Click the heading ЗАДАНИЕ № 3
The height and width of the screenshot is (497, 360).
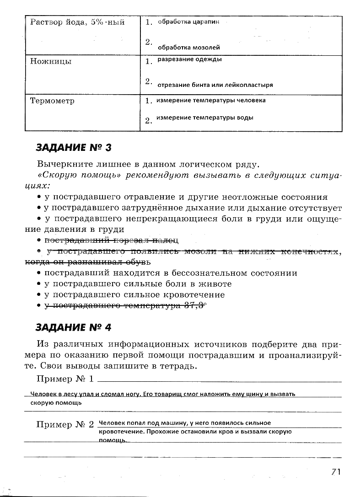click(x=74, y=148)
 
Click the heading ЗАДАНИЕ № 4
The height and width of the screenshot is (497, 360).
click(x=74, y=327)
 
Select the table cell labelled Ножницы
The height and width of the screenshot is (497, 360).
click(x=51, y=61)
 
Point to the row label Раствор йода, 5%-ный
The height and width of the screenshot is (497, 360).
click(x=77, y=22)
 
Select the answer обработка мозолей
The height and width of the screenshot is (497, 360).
click(x=189, y=47)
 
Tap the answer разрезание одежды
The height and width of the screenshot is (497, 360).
click(x=190, y=59)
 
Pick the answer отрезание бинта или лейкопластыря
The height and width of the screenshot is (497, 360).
click(x=215, y=85)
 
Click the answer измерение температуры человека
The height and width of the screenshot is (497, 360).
click(x=211, y=100)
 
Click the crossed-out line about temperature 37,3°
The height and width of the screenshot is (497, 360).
click(x=126, y=306)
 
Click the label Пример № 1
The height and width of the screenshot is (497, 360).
click(x=65, y=379)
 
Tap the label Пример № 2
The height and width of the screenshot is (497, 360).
click(x=65, y=424)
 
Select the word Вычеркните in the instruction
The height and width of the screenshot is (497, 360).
click(x=61, y=164)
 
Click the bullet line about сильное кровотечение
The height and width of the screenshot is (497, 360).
click(x=135, y=295)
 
